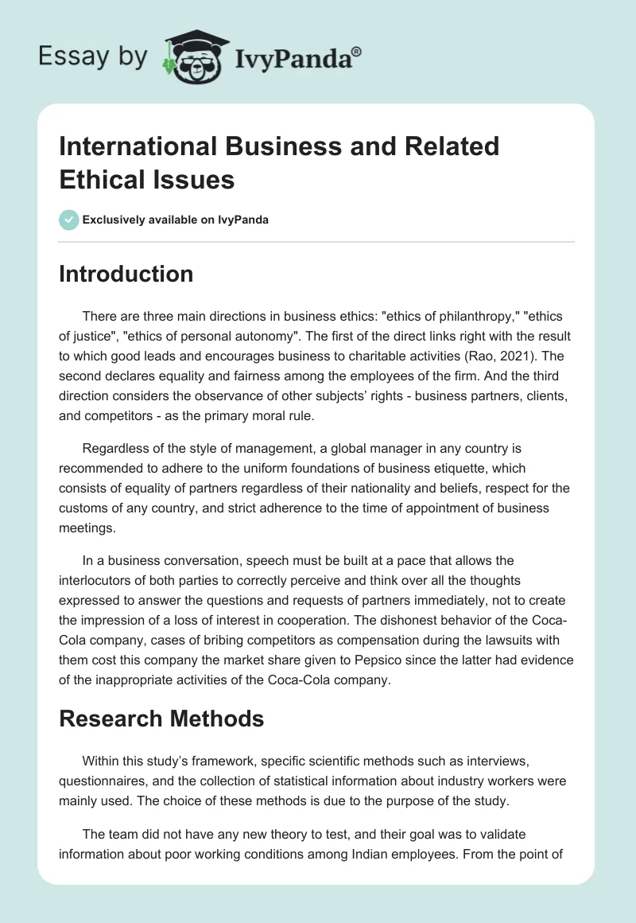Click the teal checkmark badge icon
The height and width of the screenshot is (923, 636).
tap(68, 220)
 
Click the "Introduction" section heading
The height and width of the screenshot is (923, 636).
tap(126, 275)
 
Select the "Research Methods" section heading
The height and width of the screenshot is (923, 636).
tap(161, 719)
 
